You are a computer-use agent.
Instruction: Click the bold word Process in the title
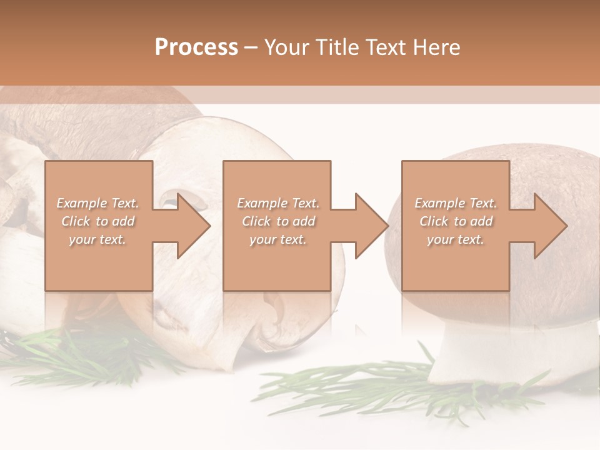196,47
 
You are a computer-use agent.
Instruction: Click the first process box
99,226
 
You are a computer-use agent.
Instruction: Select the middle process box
277,226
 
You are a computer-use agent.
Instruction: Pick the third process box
455,226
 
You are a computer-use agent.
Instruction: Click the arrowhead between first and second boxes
191,226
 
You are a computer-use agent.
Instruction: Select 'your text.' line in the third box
455,239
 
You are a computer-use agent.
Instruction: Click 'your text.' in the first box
97,239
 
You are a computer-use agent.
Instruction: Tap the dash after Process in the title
251,47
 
